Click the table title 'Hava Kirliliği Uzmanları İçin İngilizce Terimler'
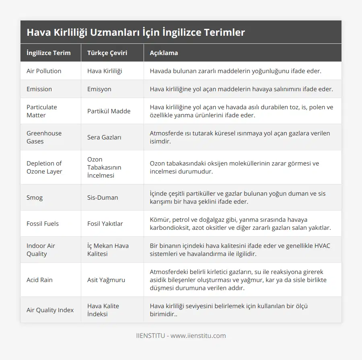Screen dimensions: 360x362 136,33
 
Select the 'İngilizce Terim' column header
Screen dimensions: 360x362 48,53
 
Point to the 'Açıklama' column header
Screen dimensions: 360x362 164,53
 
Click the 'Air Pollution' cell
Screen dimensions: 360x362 44,71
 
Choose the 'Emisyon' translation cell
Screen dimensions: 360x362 99,89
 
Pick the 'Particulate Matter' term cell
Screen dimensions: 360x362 42,111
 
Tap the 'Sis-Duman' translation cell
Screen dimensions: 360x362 102,198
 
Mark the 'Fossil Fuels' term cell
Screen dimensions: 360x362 43,224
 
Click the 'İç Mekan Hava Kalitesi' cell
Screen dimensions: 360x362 108,250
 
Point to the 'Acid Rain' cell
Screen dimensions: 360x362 39,280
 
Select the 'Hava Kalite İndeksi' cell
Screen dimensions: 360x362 103,310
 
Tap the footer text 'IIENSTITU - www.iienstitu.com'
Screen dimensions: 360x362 181,335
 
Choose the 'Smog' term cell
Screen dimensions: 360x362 35,198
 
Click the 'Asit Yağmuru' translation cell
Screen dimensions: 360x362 106,280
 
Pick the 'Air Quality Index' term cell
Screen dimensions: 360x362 50,310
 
